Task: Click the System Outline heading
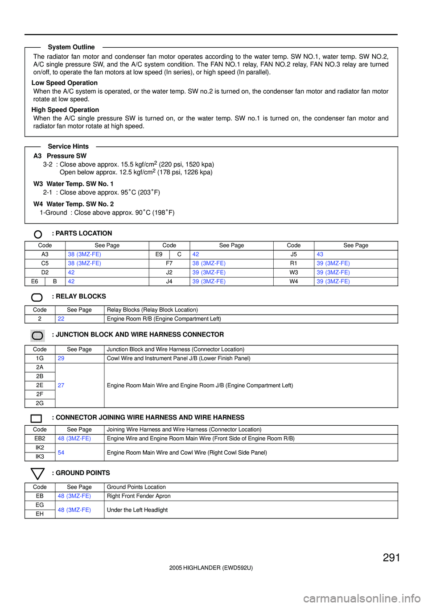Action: pyautogui.click(x=71, y=47)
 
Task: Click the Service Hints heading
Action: pyautogui.click(x=68, y=146)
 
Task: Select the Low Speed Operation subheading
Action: pyautogui.click(x=65, y=83)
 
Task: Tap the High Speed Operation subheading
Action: pyautogui.click(x=65, y=110)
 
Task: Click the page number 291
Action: pyautogui.click(x=391, y=557)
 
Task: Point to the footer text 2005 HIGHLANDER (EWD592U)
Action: pyautogui.click(x=211, y=568)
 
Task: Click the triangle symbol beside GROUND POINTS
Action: pyautogui.click(x=37, y=473)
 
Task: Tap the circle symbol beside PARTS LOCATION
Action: pyautogui.click(x=38, y=234)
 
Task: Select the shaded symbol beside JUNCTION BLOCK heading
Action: pyautogui.click(x=37, y=336)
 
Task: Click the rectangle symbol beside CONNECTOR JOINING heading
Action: pyautogui.click(x=37, y=419)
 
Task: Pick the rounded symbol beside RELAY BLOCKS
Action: pyautogui.click(x=37, y=297)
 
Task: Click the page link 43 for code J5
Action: pyautogui.click(x=320, y=254)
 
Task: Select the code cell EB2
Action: pyautogui.click(x=40, y=439)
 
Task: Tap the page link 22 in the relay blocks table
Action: pyautogui.click(x=61, y=319)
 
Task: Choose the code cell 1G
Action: pyautogui.click(x=40, y=358)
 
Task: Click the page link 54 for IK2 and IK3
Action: pyautogui.click(x=61, y=452)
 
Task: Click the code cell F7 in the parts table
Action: pyautogui.click(x=169, y=263)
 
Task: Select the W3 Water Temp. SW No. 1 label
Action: pyautogui.click(x=74, y=184)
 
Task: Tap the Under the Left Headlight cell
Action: pyautogui.click(x=137, y=510)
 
